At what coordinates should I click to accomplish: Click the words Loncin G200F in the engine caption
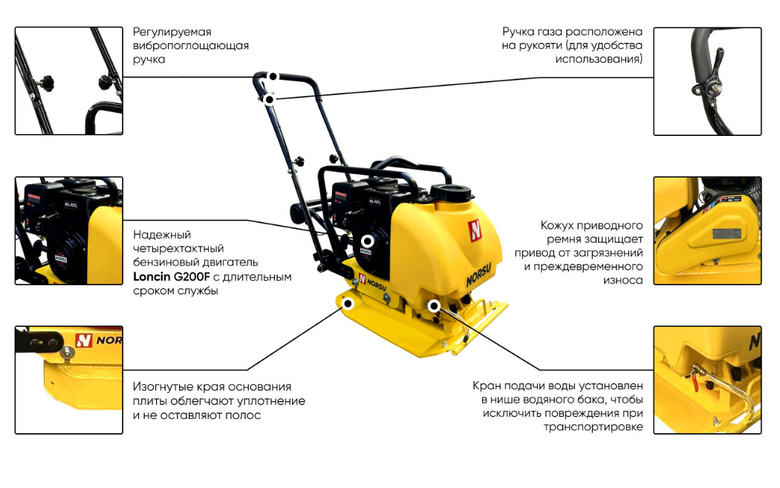(172, 276)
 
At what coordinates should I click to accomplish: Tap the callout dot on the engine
(367, 241)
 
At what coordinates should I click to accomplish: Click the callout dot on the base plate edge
(348, 304)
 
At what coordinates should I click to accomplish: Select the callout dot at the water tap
(434, 305)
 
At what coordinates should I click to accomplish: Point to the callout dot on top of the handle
(273, 77)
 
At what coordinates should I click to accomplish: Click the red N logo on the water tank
(475, 230)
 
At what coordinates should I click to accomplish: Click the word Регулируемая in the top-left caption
(172, 32)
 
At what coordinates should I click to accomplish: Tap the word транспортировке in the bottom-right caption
(593, 427)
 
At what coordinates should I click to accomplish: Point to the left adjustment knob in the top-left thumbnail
(46, 80)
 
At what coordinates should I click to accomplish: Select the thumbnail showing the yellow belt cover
(707, 231)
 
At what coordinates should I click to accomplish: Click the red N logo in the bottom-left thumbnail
(83, 340)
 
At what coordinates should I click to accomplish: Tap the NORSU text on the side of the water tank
(478, 275)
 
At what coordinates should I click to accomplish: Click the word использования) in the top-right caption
(599, 59)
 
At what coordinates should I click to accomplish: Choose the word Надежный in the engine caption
(162, 234)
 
